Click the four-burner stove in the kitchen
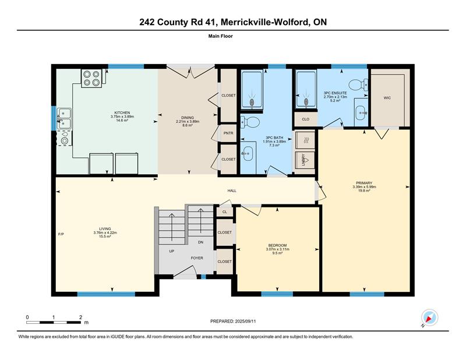coord(91,78)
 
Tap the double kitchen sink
coord(64,119)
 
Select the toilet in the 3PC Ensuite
coord(358,85)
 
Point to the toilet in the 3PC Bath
coord(250,121)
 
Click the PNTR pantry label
coord(228,133)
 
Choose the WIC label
coord(387,98)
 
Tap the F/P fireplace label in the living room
coord(61,234)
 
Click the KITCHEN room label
coord(122,112)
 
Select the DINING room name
coord(188,118)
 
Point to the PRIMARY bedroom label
coord(364,183)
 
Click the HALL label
coord(232,190)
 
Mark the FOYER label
coord(197,258)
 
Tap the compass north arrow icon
coord(429,318)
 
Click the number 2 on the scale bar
coord(80,317)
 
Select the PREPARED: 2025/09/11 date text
coord(233,322)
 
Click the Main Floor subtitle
coord(221,36)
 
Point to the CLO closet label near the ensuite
coord(305,119)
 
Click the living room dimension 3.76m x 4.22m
coord(105,232)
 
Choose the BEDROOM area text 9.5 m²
coord(277,253)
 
